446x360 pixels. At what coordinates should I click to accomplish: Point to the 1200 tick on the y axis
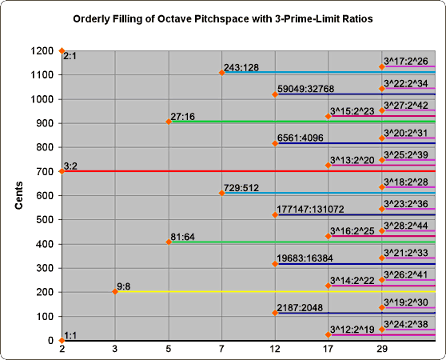click(x=40, y=51)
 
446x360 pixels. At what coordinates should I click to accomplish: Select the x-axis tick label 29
click(x=382, y=350)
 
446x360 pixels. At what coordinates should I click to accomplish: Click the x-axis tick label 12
click(x=275, y=350)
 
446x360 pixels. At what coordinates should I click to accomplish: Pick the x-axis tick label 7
click(x=221, y=350)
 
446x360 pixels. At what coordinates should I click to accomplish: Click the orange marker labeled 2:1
click(x=62, y=50)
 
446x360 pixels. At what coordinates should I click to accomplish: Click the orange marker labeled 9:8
click(x=115, y=291)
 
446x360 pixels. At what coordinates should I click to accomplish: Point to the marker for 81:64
click(x=169, y=242)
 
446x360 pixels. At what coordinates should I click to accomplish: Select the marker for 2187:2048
click(x=275, y=313)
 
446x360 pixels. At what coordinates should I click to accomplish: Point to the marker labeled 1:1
click(x=62, y=340)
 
